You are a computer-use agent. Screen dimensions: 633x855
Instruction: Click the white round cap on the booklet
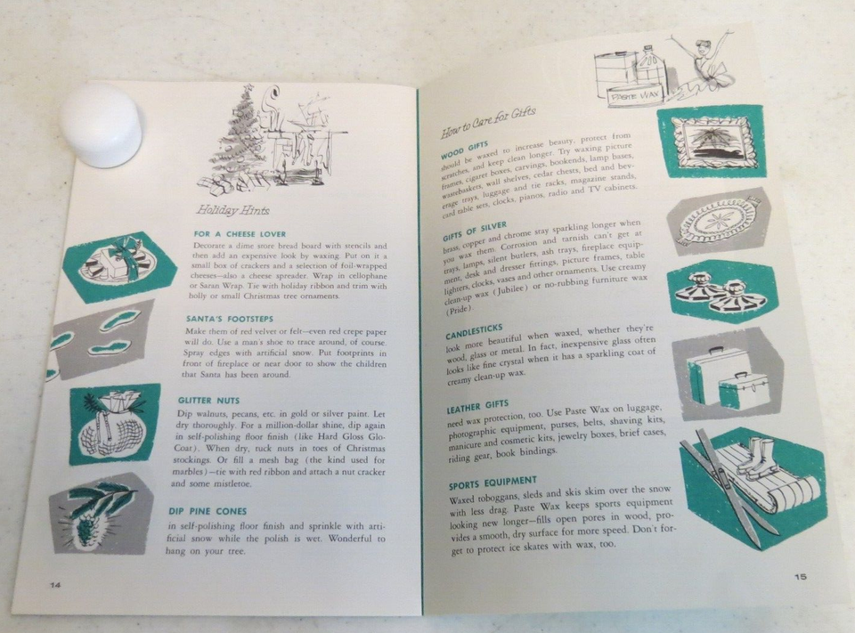tap(101, 125)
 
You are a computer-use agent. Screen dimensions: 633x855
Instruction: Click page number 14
tap(54, 585)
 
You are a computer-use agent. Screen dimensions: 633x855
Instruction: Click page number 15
tap(801, 576)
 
